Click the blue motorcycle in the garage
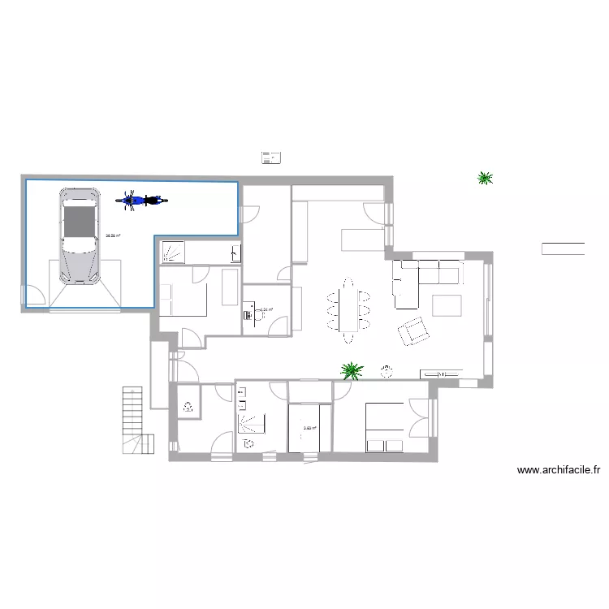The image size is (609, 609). pos(141,199)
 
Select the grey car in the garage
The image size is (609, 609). pos(79,235)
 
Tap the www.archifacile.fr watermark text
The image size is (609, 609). pos(559,469)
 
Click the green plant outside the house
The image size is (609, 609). pos(486,178)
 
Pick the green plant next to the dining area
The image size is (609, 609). pos(352,370)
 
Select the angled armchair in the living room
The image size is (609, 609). pos(414,330)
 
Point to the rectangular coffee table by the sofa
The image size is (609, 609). pos(447,304)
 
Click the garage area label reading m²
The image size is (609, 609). pos(113,237)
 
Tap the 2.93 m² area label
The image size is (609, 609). pos(309,430)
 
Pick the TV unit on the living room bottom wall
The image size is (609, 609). pos(439,374)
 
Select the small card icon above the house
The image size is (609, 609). pos(271,158)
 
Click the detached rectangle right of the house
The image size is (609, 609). pos(563,249)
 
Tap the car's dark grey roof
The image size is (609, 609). pos(79,223)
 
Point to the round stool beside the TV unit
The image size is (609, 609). pos(385,373)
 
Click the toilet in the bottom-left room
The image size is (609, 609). pos(188,407)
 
